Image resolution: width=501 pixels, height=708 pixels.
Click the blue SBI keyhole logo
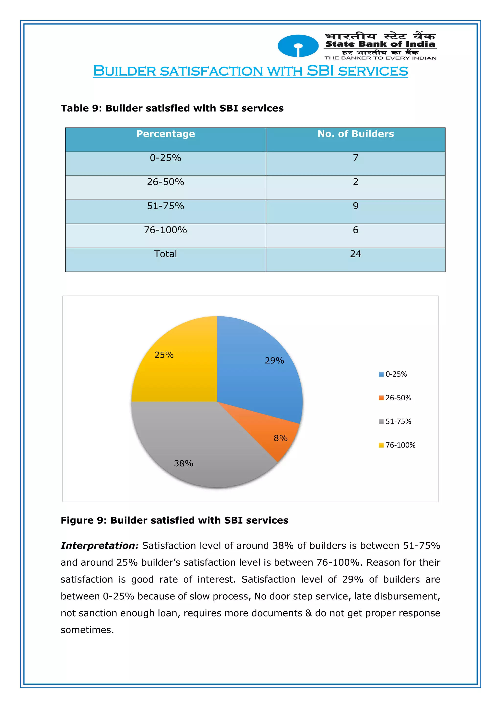point(298,46)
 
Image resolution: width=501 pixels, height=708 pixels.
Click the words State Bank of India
point(380,44)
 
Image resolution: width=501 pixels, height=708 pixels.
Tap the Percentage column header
point(166,134)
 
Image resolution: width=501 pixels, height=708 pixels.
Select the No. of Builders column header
point(355,134)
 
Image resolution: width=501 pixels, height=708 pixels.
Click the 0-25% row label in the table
point(165,158)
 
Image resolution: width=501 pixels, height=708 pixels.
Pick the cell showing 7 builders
point(355,158)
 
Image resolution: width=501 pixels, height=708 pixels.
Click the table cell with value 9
point(355,206)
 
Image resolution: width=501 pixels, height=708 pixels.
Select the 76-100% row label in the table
point(165,230)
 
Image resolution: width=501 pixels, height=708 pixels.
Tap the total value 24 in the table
point(355,254)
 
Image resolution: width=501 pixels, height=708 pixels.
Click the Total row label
point(165,254)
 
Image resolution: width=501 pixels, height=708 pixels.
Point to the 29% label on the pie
point(274,360)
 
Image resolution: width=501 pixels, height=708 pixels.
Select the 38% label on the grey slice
point(183,463)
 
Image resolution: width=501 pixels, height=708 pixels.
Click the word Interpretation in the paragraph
point(100,546)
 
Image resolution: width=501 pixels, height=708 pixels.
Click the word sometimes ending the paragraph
point(87,630)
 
